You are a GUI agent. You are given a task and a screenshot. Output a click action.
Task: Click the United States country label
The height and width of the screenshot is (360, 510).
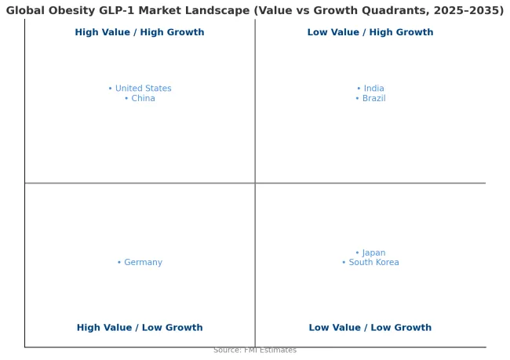click(x=143, y=89)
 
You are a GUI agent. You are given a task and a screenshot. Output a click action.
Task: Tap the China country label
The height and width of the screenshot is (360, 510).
click(x=143, y=99)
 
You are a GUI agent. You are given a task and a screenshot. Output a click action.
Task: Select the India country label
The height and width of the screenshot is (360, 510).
click(x=373, y=89)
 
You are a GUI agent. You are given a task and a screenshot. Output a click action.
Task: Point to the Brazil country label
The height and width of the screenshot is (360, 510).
click(x=373, y=99)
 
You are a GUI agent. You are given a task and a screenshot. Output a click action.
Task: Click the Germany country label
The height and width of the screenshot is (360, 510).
click(x=143, y=263)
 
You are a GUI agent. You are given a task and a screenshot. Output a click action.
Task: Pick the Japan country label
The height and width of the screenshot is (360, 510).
click(x=373, y=253)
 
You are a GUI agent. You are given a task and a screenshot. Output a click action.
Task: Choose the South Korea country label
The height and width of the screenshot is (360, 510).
click(x=373, y=263)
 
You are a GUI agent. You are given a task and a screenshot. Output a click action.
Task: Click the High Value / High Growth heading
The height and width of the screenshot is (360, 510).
click(x=140, y=33)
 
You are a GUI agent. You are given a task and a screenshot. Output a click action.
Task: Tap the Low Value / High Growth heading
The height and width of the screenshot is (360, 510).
click(x=370, y=33)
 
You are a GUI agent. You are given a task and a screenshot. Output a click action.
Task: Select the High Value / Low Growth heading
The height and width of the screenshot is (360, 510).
click(x=140, y=328)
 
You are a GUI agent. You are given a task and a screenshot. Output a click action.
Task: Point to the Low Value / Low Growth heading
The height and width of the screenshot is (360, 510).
click(x=370, y=328)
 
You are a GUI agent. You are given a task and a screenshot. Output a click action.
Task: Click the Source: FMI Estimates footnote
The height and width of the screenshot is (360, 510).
click(x=255, y=350)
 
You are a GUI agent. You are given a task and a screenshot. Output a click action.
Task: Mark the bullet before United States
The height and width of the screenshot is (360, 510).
click(x=111, y=89)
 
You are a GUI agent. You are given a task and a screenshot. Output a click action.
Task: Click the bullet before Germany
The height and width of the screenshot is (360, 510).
click(x=119, y=263)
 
